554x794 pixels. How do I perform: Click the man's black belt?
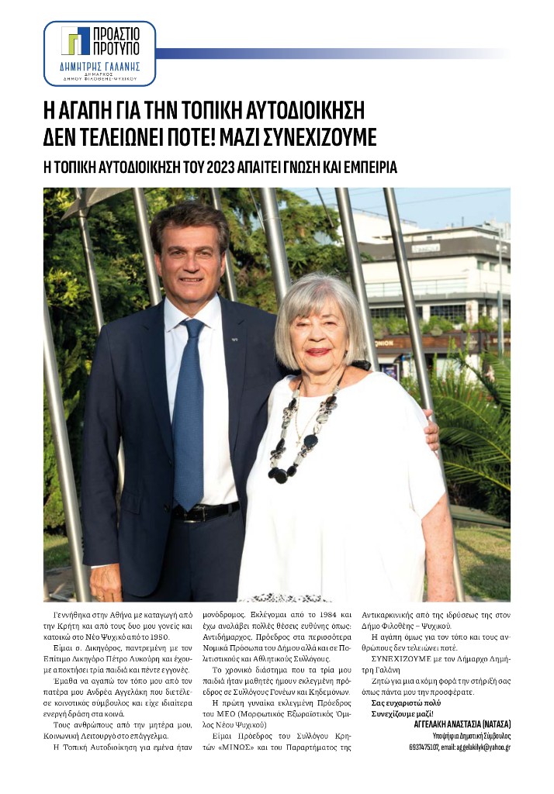click(x=206, y=512)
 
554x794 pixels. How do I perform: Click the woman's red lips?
click(x=317, y=351)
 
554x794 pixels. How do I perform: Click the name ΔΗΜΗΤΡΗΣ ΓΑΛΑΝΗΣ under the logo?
click(x=99, y=67)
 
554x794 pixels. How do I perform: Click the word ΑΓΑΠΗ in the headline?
click(x=88, y=110)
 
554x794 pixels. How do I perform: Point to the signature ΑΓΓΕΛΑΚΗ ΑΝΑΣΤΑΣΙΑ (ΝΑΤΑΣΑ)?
click(x=459, y=724)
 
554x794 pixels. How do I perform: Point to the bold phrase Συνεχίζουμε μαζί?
click(x=403, y=713)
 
